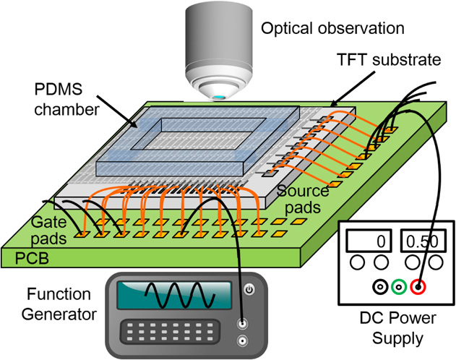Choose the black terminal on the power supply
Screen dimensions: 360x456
tap(379, 288)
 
